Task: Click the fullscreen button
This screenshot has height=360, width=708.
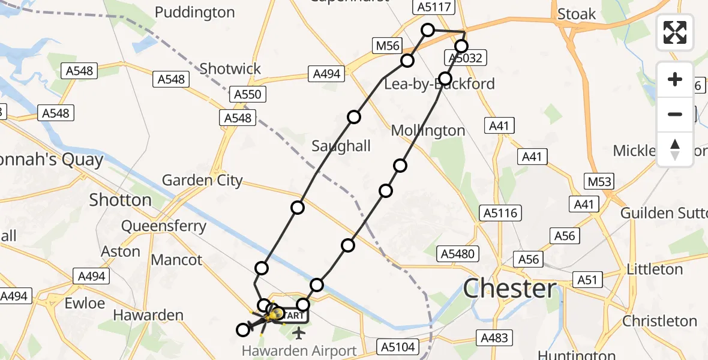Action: (675, 32)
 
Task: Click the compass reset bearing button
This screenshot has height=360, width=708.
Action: (675, 149)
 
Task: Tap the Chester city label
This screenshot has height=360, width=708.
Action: (510, 289)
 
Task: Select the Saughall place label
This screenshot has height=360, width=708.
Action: (341, 146)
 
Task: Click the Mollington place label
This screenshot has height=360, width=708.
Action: (428, 131)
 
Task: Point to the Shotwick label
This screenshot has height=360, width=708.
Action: (230, 69)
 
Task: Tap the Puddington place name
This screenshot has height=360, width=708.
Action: (195, 13)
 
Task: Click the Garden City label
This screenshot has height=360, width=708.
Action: (202, 180)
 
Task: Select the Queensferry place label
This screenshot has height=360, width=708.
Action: (164, 226)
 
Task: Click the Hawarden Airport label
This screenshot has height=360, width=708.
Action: (299, 350)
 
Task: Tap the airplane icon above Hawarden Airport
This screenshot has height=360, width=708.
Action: (299, 332)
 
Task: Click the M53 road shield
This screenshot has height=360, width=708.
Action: (599, 181)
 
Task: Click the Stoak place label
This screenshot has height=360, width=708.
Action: (577, 14)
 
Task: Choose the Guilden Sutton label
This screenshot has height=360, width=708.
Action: (664, 213)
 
